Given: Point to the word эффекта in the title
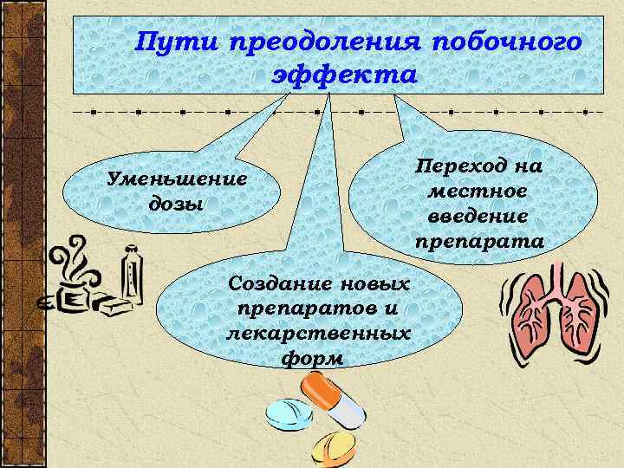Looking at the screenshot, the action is point(345,75).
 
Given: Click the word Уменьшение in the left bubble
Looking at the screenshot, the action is point(176,179).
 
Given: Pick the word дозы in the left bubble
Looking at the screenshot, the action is point(176,205).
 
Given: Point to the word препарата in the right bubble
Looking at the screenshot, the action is point(479,240).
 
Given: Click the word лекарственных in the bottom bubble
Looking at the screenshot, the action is point(318,333).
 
